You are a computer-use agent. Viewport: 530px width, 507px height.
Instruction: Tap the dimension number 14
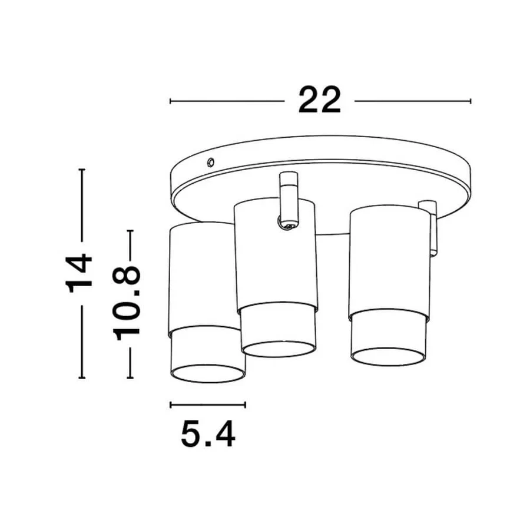coord(79,273)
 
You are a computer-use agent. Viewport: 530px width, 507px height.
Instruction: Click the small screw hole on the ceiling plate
coord(210,161)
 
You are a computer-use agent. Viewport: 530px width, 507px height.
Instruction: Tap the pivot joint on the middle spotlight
coord(287,223)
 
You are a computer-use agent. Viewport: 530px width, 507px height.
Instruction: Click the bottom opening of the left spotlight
coord(207,373)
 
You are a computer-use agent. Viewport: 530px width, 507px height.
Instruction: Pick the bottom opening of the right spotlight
coord(388,356)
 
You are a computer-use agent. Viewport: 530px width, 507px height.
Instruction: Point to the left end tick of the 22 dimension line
coord(170,101)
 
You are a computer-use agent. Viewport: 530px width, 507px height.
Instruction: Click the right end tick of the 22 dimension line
coord(471,101)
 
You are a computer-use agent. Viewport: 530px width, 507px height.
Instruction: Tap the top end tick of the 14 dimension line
coord(82,170)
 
